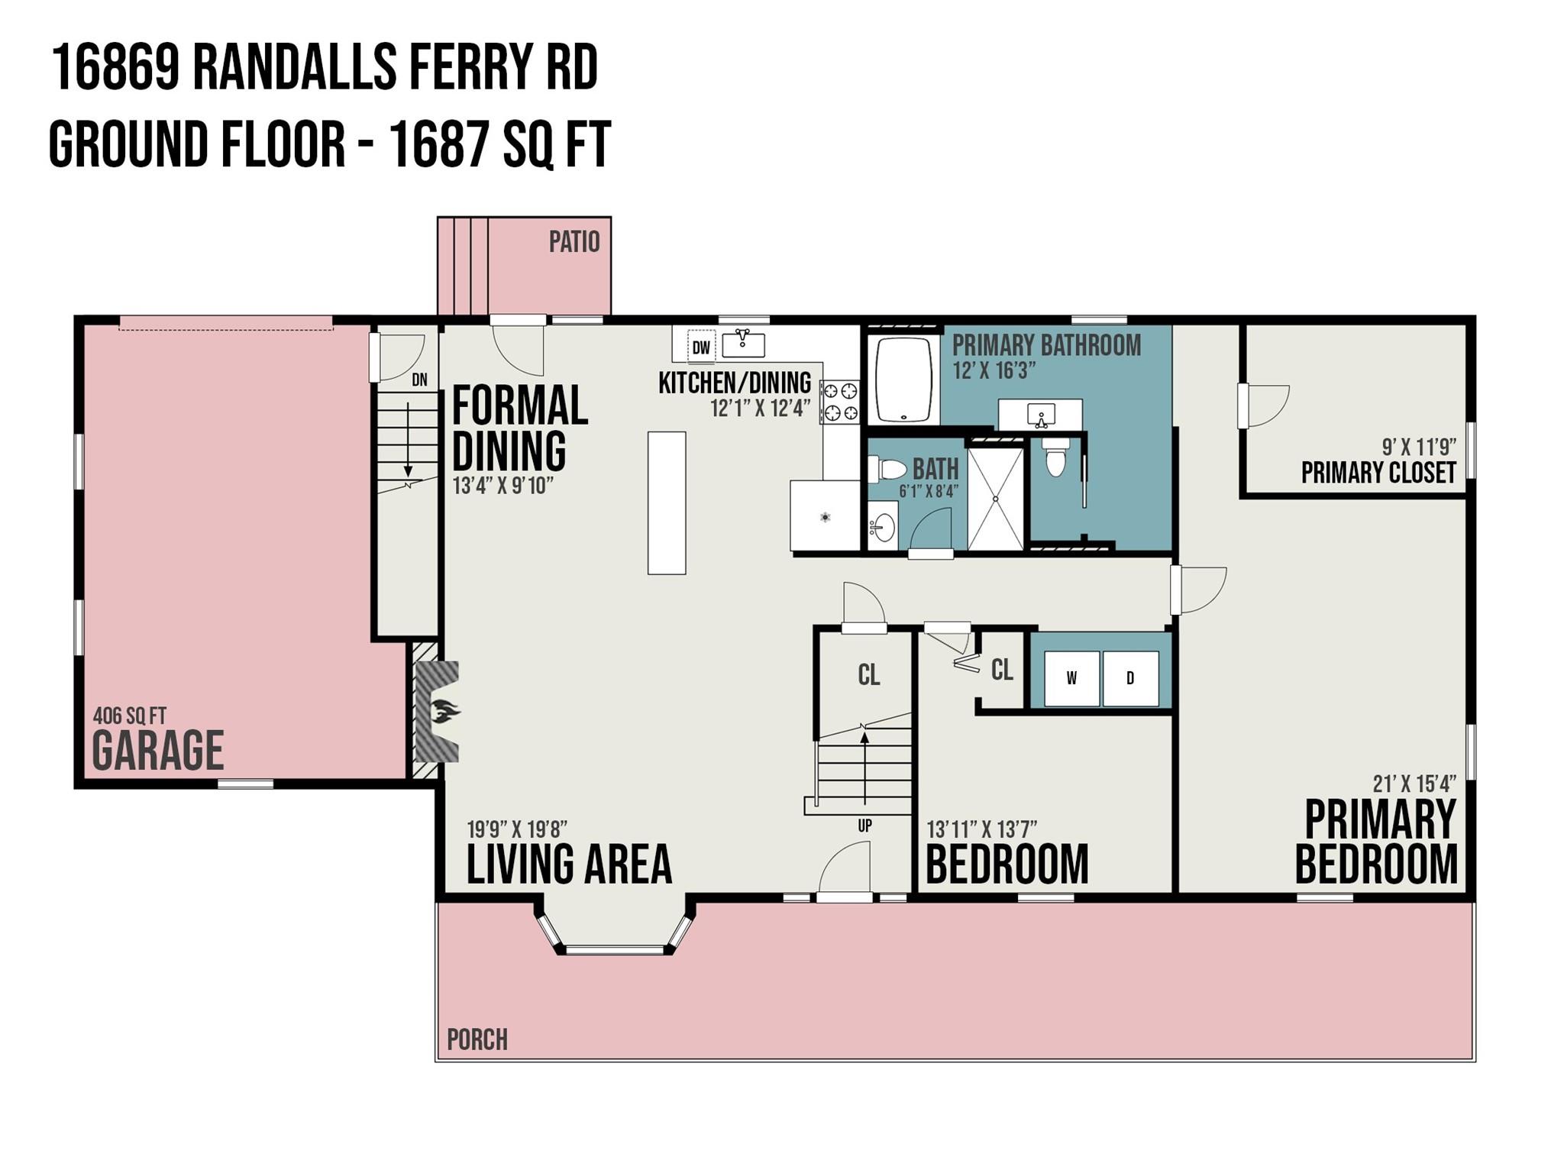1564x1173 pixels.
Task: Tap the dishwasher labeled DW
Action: point(700,348)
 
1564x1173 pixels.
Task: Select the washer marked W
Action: point(1071,678)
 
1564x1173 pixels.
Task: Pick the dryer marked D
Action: point(1130,678)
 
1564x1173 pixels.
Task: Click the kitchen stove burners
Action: point(840,402)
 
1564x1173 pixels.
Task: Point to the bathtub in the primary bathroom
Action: point(903,380)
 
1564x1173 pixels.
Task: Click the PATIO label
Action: point(574,242)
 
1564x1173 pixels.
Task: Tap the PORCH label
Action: point(477,1039)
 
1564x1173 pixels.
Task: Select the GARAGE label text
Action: point(158,750)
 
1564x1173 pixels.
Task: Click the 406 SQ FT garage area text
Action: point(129,716)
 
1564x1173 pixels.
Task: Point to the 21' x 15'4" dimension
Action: point(1414,784)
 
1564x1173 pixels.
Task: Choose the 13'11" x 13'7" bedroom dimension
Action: point(982,829)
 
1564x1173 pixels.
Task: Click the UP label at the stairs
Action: point(864,826)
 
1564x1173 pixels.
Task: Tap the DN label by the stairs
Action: point(419,380)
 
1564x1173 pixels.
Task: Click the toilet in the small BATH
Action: point(887,468)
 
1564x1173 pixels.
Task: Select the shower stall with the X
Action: point(996,499)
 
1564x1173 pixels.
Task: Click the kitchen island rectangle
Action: point(667,502)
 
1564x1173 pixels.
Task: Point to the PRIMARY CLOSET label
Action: point(1378,473)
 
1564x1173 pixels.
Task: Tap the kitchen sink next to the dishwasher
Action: point(743,344)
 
